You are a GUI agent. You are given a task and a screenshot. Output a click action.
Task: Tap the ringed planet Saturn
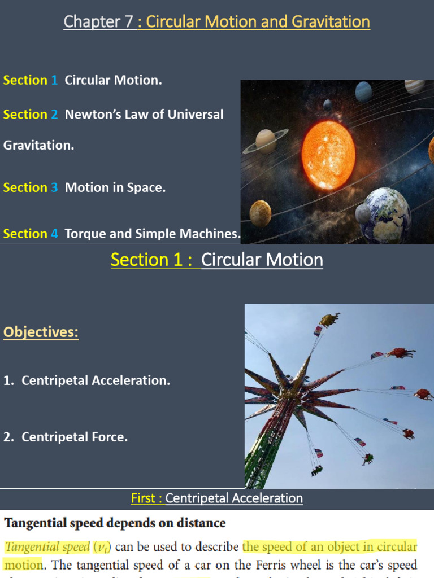266,141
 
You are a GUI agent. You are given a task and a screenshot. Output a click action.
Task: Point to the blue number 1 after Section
54,80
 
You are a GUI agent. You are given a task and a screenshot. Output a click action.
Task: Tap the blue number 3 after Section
54,187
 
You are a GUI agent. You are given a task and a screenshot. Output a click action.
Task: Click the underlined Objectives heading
41,332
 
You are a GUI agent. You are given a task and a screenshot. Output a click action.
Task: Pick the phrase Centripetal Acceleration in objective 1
96,381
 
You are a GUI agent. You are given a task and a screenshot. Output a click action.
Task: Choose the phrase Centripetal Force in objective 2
75,437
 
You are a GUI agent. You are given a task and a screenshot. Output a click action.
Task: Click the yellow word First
143,498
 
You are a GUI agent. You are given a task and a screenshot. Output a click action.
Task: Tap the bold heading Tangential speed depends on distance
115,523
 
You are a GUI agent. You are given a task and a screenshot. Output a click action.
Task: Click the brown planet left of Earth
261,213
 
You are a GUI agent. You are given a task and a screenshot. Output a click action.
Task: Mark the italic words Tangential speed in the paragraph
46,546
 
